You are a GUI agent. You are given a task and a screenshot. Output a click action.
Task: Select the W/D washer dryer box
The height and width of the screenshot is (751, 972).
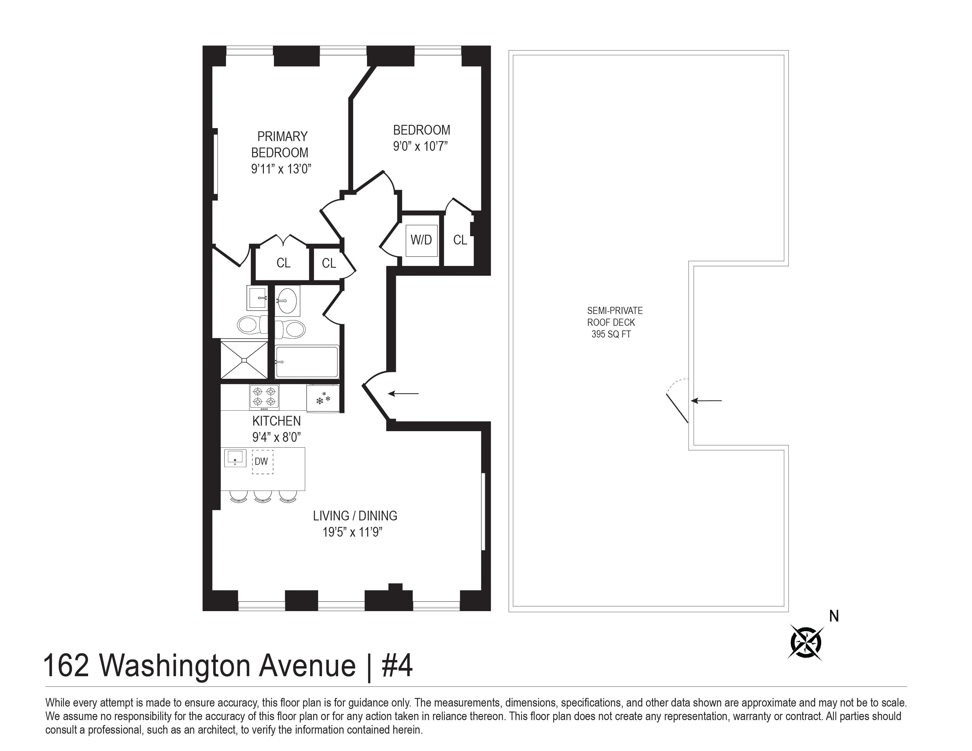[x=421, y=240]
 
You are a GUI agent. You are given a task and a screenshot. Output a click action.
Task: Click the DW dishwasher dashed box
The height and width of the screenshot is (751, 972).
[x=262, y=462]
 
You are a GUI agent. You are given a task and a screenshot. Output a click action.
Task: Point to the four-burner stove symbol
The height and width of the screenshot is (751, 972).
[x=264, y=397]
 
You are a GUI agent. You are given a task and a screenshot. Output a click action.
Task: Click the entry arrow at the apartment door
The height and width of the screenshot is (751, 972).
[x=403, y=393]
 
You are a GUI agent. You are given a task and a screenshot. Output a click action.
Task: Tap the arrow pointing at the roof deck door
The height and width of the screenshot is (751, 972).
[x=706, y=401]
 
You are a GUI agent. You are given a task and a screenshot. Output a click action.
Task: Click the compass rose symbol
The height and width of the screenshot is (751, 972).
[x=806, y=642]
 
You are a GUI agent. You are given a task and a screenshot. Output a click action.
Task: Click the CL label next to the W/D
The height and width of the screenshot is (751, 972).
[x=460, y=240]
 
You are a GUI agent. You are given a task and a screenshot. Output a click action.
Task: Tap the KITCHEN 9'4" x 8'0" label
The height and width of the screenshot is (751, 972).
[x=276, y=429]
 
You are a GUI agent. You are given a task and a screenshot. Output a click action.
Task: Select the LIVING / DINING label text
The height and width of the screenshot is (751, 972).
[x=355, y=516]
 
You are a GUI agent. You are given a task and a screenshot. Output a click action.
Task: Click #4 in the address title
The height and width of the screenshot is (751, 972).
[x=397, y=666]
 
